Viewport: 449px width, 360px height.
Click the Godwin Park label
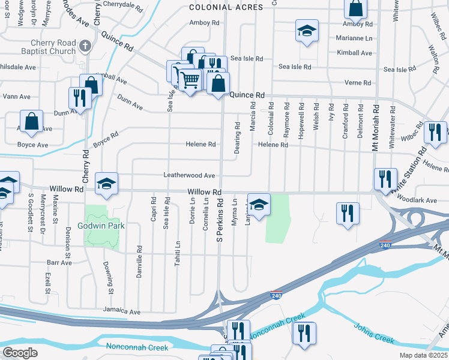click(101, 226)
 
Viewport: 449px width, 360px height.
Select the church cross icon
click(86, 45)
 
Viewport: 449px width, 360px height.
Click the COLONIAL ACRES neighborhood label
click(226, 7)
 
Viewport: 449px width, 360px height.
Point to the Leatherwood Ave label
click(189, 175)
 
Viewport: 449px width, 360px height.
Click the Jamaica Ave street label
click(121, 312)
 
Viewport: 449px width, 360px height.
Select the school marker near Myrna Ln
click(259, 205)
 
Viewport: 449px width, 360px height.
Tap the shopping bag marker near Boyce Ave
click(32, 121)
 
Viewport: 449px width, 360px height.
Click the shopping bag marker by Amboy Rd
click(355, 8)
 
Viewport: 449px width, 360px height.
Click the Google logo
click(20, 353)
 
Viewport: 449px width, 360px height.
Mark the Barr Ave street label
click(59, 263)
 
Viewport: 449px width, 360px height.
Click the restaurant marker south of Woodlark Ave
click(348, 214)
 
